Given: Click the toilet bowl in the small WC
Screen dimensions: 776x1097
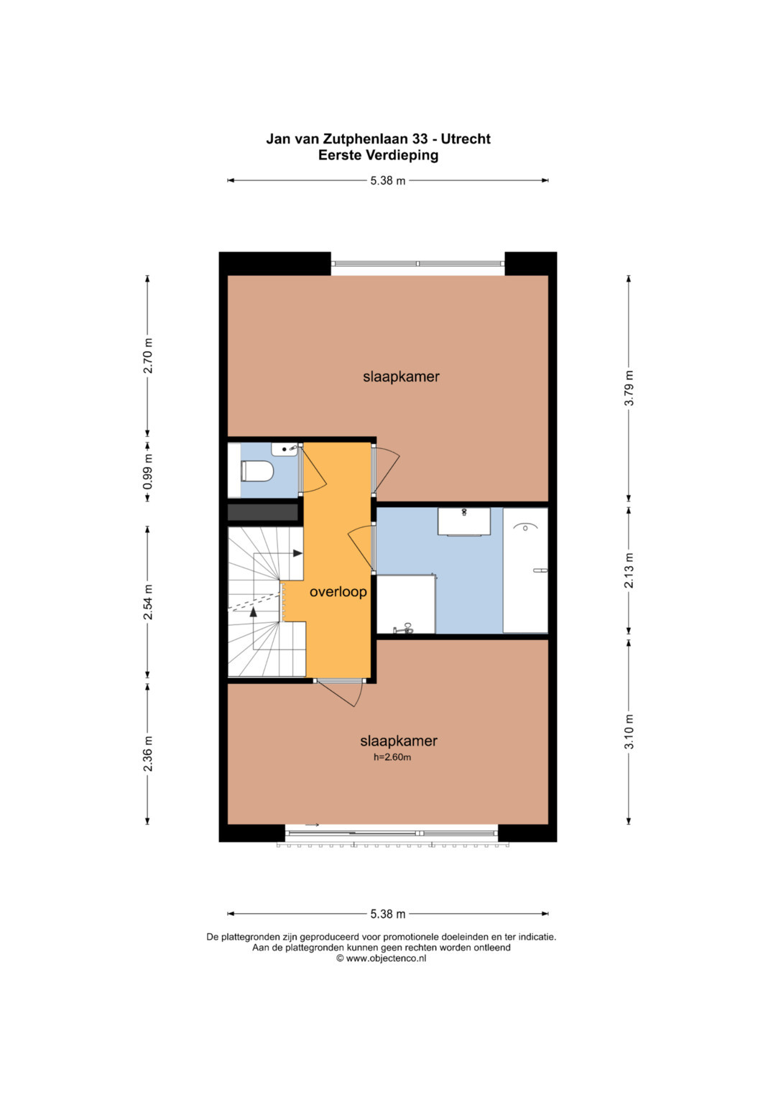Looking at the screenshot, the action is (257, 471).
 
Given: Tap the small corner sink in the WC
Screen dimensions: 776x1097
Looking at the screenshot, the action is (284, 448).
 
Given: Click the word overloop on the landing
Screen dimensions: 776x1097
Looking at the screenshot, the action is (338, 592).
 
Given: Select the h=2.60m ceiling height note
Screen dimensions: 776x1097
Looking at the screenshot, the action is (392, 757).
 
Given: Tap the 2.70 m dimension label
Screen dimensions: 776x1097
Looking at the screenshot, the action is (148, 356).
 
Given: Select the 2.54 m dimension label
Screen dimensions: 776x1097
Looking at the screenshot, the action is (148, 602).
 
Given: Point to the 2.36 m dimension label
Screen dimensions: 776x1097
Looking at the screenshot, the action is (148, 754).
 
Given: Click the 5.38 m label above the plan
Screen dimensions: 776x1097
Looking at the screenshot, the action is (388, 181).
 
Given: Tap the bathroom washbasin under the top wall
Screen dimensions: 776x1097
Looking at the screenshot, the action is (463, 522).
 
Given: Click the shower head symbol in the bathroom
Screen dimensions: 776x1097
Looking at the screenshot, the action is (525, 527).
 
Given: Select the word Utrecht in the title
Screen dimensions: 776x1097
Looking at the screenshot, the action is (466, 139).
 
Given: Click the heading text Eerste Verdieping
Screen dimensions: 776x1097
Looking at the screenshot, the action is (378, 155).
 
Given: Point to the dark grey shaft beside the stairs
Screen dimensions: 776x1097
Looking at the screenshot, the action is (263, 512).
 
